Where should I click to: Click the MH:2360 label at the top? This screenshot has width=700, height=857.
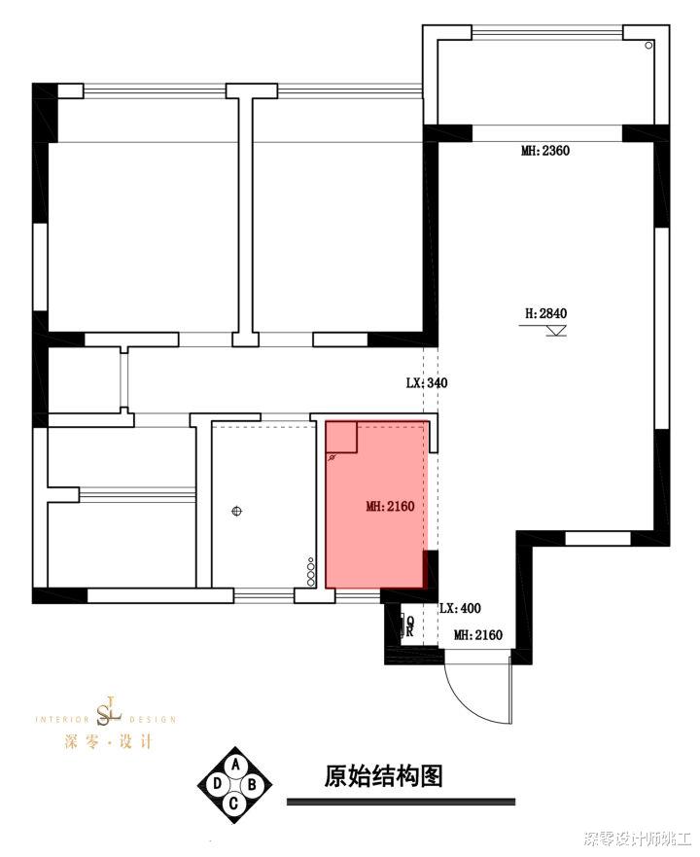(x=544, y=151)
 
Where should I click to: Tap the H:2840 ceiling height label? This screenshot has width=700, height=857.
(x=544, y=313)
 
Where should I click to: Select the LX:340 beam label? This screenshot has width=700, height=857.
(x=427, y=383)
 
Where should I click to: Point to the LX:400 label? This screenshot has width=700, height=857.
(x=460, y=608)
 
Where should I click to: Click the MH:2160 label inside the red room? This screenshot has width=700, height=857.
(x=391, y=506)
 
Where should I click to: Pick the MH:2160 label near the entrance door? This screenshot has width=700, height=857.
(x=477, y=635)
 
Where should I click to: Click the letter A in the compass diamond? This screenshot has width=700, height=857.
(x=235, y=765)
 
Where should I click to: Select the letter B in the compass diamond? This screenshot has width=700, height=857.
(x=253, y=783)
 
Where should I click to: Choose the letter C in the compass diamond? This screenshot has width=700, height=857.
(x=234, y=803)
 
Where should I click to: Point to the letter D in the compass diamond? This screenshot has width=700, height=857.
(x=216, y=783)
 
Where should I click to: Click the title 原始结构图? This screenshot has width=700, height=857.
(x=383, y=776)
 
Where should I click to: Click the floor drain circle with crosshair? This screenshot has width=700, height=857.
(x=236, y=510)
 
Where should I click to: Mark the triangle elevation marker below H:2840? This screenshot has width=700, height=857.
(x=556, y=332)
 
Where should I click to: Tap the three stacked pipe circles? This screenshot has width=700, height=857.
(x=311, y=572)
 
